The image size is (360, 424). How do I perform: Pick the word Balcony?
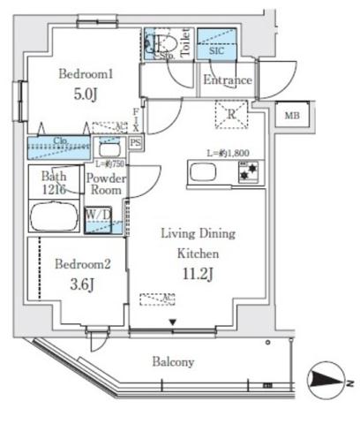pos(171,361)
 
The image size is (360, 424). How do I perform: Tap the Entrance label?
pos(227,80)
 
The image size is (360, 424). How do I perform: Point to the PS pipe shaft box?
pos(135,141)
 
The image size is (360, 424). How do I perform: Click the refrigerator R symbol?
pos(230,111)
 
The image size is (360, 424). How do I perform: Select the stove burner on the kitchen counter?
pos(246,172)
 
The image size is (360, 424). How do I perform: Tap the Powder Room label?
pos(105,183)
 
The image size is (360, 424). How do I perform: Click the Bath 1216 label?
pos(52,183)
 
